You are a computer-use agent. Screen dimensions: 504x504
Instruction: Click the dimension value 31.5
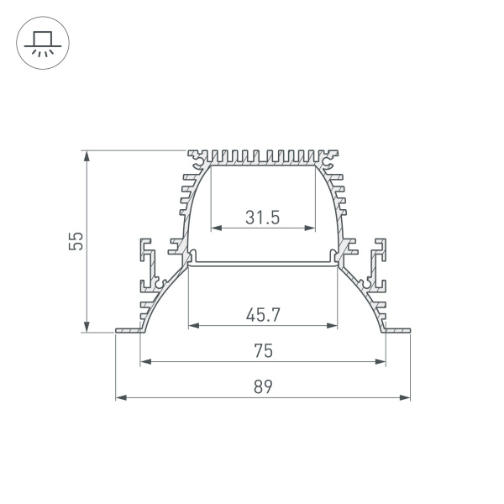[x=263, y=217]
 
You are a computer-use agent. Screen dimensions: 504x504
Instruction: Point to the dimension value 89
[x=263, y=387]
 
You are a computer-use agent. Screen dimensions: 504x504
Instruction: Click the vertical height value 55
[x=76, y=241]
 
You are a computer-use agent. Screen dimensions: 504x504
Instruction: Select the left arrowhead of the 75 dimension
[x=144, y=362]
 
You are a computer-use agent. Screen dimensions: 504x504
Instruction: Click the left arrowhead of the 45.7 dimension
[x=192, y=325]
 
